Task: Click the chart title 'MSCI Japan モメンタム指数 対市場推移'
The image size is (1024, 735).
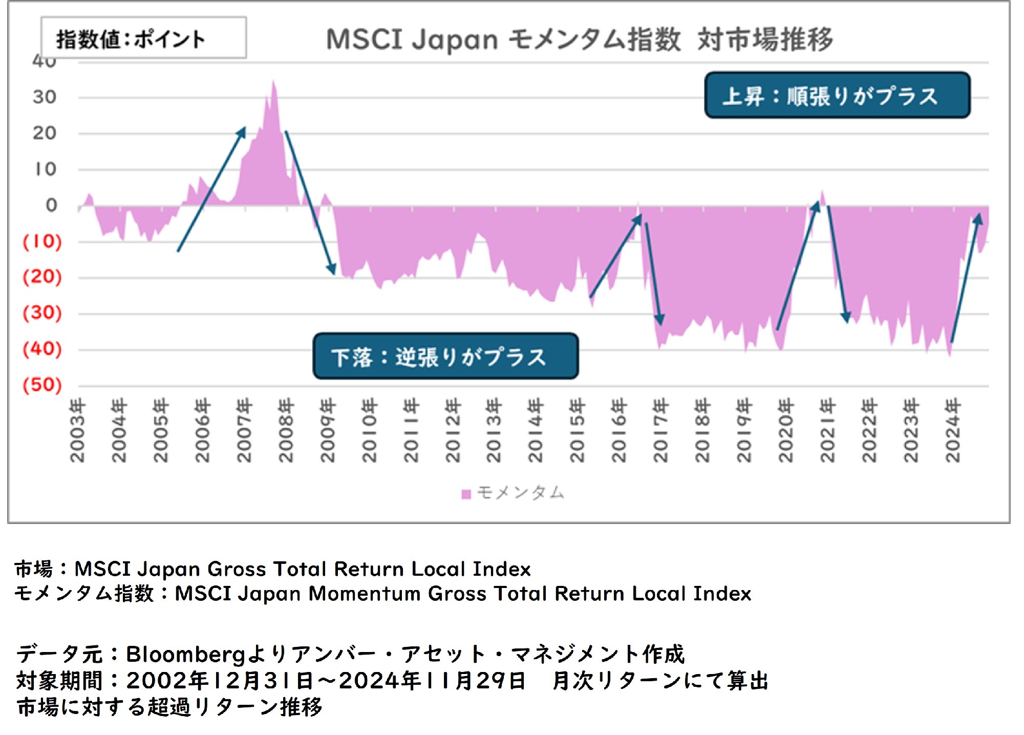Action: click(x=580, y=39)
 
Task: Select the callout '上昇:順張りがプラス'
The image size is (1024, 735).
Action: click(x=837, y=96)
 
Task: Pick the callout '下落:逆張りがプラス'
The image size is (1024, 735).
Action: click(x=445, y=356)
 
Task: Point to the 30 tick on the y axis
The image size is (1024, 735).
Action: click(x=45, y=97)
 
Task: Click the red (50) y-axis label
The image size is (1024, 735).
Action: click(x=42, y=385)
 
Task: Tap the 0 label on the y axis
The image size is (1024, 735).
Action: click(x=51, y=205)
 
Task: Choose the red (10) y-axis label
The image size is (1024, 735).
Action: click(x=42, y=241)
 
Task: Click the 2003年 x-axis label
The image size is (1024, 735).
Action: click(x=77, y=431)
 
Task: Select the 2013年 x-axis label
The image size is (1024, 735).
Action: click(x=494, y=431)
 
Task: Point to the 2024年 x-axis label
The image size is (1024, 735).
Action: click(x=952, y=431)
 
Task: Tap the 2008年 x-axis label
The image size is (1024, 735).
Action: click(x=286, y=431)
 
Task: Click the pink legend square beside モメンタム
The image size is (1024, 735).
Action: click(x=466, y=494)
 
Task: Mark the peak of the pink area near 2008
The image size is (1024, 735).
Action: click(x=273, y=82)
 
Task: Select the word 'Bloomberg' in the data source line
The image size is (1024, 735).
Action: click(x=186, y=654)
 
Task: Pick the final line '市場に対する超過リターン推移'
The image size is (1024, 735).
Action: click(x=169, y=707)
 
